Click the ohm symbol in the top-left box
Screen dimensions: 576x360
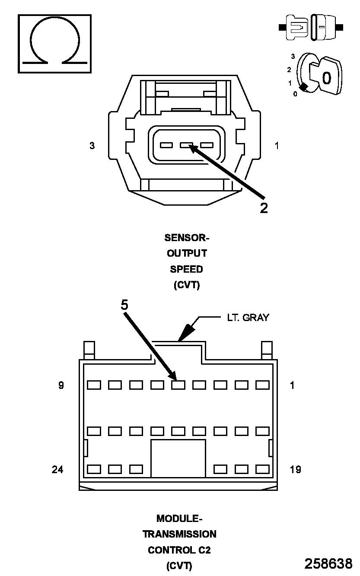click(x=54, y=43)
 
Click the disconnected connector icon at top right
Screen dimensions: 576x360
click(x=311, y=27)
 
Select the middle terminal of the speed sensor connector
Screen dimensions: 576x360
click(x=186, y=146)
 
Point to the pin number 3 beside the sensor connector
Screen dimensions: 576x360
click(x=92, y=146)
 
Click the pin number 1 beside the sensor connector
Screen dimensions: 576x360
click(x=277, y=146)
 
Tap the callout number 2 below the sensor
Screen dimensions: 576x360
click(x=264, y=208)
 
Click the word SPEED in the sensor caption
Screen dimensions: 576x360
click(x=186, y=269)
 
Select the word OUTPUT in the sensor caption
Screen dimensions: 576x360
click(x=187, y=253)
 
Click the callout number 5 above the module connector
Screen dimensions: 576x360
click(x=124, y=305)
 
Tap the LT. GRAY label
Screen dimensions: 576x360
click(x=248, y=318)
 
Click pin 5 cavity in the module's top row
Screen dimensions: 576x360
click(x=178, y=385)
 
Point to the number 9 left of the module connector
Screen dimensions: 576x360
click(x=61, y=385)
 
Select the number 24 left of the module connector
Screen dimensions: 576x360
click(x=57, y=469)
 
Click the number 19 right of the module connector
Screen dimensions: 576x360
click(x=295, y=469)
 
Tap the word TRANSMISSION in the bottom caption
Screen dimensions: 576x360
click(x=179, y=534)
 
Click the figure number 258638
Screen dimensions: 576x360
click(x=328, y=563)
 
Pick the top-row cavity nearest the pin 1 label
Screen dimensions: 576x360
click(x=262, y=385)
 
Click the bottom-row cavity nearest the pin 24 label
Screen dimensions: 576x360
click(x=94, y=469)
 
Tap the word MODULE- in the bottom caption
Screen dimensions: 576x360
click(x=179, y=518)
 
